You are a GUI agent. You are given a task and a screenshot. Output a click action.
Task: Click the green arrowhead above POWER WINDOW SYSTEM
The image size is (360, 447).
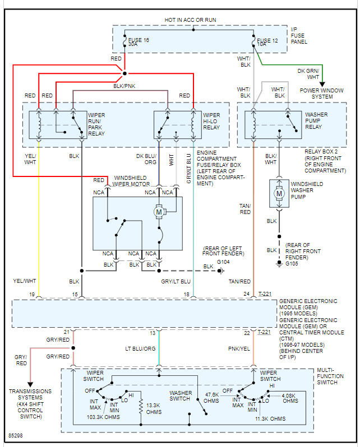click(x=322, y=84)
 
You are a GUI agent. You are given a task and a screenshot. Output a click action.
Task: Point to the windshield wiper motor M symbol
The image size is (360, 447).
click(x=159, y=212)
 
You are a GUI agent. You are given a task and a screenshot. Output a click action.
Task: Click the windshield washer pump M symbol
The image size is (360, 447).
click(x=278, y=193)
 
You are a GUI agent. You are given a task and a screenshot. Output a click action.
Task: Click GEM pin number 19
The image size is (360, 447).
click(x=33, y=294)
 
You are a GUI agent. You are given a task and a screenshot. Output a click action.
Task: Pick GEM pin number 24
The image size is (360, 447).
click(x=246, y=294)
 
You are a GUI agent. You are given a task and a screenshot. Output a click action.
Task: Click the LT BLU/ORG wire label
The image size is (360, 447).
click(x=140, y=348)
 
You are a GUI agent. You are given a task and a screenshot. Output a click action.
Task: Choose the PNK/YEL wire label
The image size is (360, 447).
click(x=239, y=348)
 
